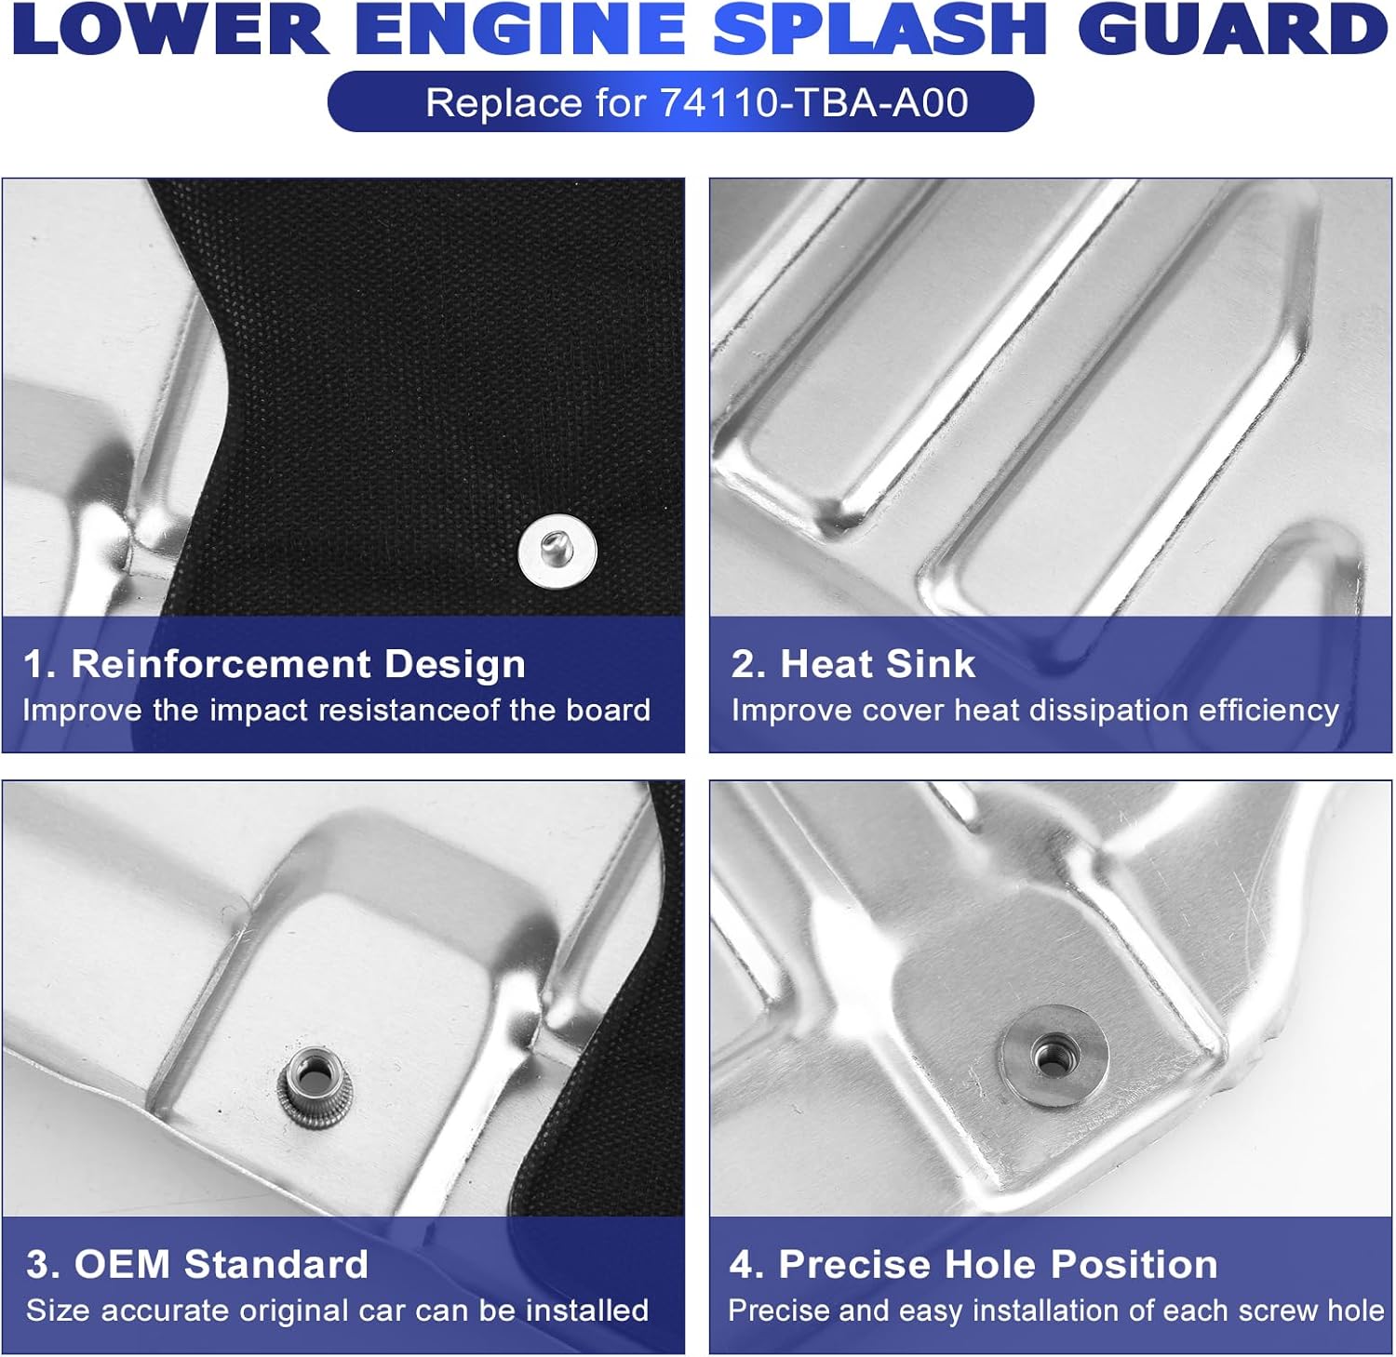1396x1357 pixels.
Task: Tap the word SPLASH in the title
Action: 879,30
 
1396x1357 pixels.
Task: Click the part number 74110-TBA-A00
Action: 814,102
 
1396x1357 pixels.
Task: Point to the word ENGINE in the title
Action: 521,30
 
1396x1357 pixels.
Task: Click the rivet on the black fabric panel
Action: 557,552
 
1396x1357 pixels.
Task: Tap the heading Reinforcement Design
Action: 298,664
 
